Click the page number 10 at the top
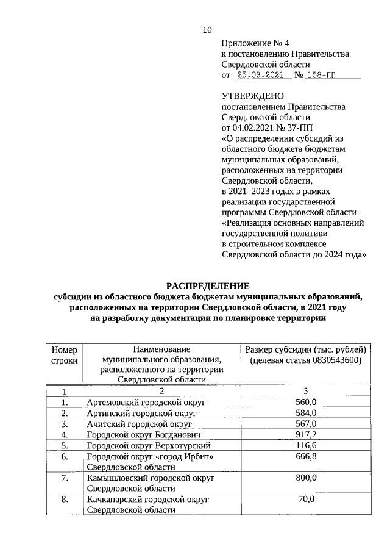207,30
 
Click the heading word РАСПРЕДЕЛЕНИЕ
208,285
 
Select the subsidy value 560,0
306,401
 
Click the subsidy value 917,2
306,434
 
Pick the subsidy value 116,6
306,445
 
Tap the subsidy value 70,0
306,500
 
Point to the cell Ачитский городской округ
140,424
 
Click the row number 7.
64,478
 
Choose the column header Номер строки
64,355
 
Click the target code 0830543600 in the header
332,360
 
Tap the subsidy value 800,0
306,478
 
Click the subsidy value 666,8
306,456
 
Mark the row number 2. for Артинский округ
64,413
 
